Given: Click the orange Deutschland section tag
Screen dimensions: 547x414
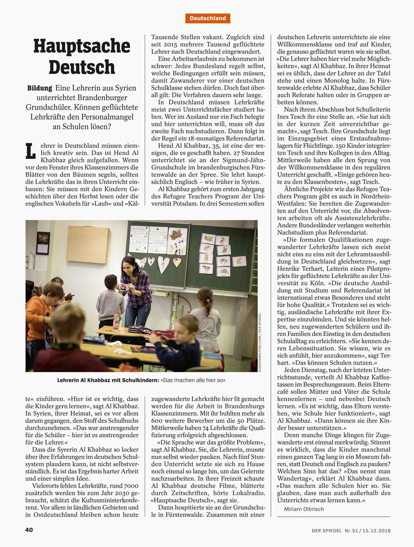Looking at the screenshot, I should pos(208,18).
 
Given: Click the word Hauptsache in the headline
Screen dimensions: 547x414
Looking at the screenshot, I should pos(82,46).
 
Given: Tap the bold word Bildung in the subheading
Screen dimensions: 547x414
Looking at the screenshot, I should pos(40,88).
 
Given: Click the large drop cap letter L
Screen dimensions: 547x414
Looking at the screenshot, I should pos(30,151).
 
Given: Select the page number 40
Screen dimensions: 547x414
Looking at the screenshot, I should pos(29,530).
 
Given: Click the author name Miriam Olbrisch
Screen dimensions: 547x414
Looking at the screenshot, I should pos(304,509).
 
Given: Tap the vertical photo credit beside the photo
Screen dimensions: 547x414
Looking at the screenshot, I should pos(259,342).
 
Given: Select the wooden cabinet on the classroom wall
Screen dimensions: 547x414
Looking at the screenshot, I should pos(87,244).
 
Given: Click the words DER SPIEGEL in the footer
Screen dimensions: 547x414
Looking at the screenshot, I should pos(326,530).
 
